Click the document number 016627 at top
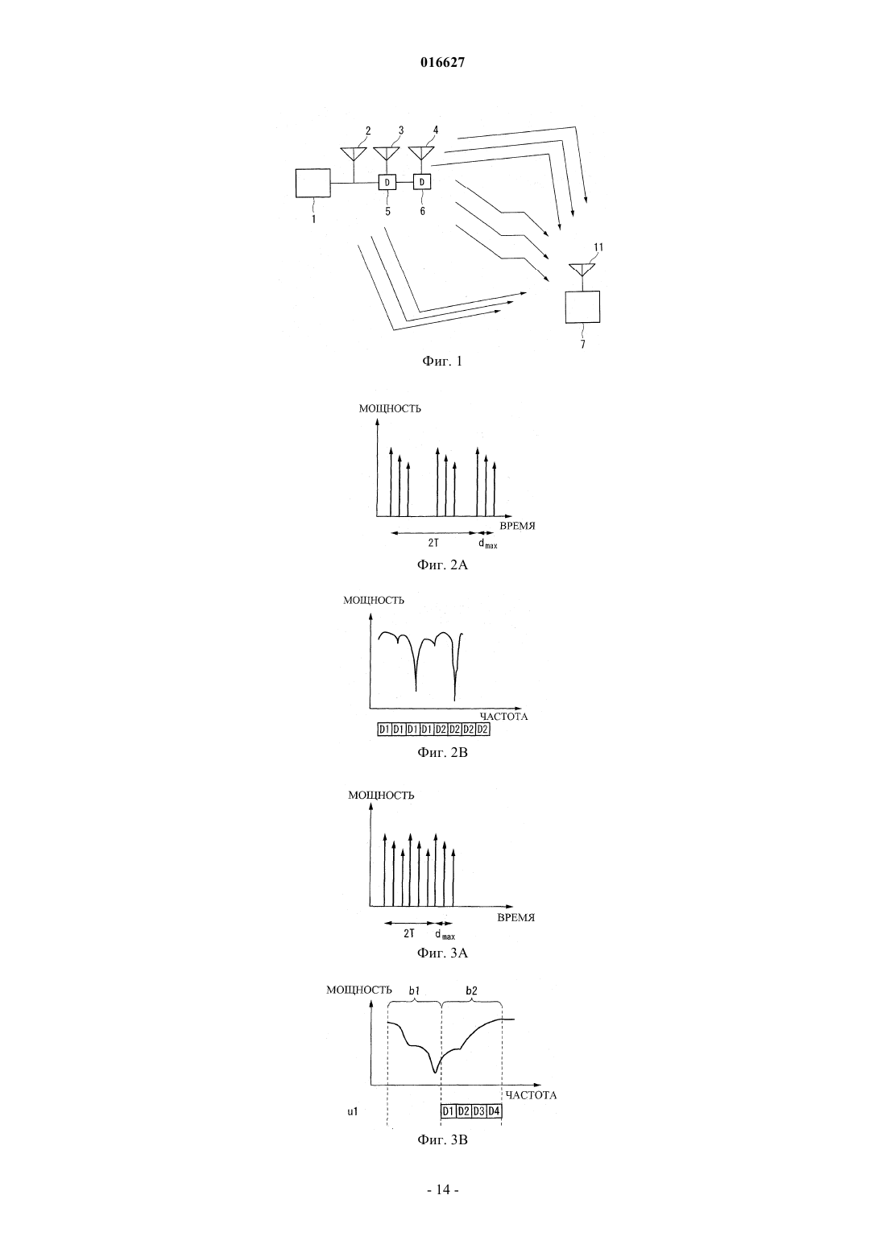(442, 63)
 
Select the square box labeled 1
(313, 184)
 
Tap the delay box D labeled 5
(387, 182)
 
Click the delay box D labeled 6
(422, 181)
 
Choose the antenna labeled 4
(422, 153)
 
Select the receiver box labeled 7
(582, 307)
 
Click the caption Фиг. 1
(442, 362)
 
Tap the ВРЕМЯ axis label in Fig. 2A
(517, 526)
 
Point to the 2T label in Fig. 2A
(433, 543)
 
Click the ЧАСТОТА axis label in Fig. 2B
(503, 717)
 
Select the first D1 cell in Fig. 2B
(384, 730)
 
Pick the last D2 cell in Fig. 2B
(482, 730)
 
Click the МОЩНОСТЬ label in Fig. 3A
(381, 795)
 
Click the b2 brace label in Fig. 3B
(471, 990)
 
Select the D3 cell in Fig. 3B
(478, 1111)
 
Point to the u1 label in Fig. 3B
(352, 1111)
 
